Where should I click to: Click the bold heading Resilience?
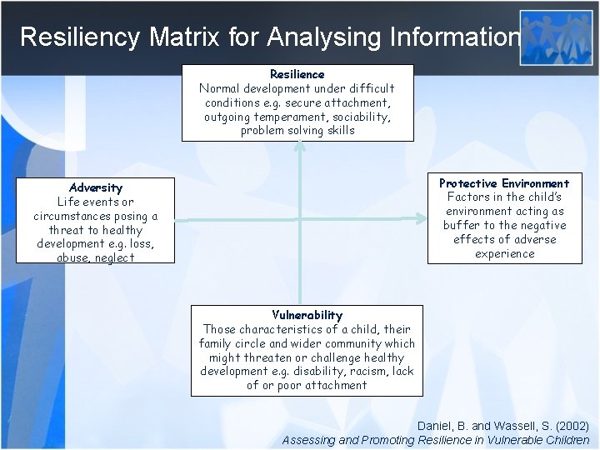[297, 74]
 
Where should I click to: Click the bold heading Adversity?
[96, 187]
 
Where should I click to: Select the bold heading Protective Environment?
[504, 183]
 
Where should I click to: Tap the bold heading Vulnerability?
[307, 315]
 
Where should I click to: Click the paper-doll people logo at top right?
[555, 37]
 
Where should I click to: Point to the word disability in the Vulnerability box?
[308, 371]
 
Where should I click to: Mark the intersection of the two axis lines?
[298, 220]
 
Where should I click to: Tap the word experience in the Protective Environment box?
[504, 253]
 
